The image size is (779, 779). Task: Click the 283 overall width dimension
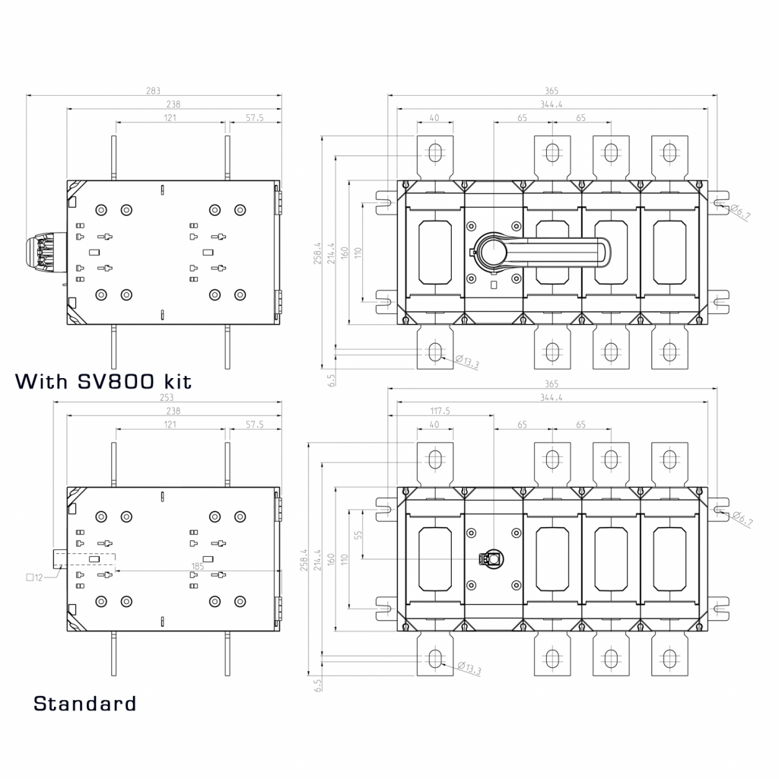pos(154,91)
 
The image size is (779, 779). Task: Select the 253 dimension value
pos(166,398)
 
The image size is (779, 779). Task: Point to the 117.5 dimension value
pos(439,411)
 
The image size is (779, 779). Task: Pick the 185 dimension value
pos(198,566)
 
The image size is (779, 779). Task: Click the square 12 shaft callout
pos(34,577)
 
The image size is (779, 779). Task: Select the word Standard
pos(84,704)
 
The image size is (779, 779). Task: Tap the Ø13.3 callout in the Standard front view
pos(469,669)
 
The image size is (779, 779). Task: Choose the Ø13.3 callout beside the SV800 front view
pos(468,362)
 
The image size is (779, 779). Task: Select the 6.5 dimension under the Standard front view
pos(318,685)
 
